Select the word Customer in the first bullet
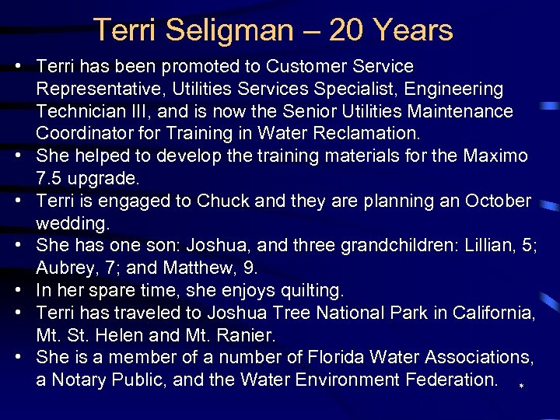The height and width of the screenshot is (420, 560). (288, 67)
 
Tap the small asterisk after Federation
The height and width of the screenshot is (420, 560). (521, 386)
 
